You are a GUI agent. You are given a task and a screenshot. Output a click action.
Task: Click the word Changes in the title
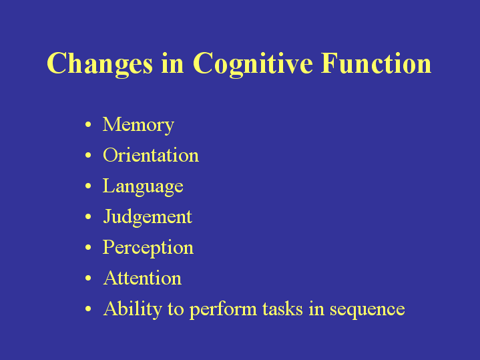click(99, 63)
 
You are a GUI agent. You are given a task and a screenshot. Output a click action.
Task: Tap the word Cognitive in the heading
click(253, 63)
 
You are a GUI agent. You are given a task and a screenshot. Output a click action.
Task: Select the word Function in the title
click(377, 63)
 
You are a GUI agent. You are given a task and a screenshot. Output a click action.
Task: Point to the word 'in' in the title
click(173, 63)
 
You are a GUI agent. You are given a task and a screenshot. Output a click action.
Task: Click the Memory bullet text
click(138, 125)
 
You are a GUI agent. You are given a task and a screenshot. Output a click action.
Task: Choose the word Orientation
click(151, 155)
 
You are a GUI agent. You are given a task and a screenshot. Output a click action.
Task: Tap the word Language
click(143, 186)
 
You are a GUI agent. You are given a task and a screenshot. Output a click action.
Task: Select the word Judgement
click(148, 217)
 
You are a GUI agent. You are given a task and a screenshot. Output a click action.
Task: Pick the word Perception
click(148, 248)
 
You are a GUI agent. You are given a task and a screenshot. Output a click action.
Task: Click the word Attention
click(142, 278)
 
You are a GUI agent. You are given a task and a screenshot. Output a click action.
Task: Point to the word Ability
click(133, 309)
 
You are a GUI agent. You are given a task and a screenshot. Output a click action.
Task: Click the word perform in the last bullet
click(223, 309)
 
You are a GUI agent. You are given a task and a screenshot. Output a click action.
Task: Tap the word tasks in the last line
click(282, 308)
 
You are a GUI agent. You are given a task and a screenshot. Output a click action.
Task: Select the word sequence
click(367, 309)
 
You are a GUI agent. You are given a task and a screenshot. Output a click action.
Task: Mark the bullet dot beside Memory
click(88, 124)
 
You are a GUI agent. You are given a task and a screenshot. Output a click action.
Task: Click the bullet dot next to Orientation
click(88, 156)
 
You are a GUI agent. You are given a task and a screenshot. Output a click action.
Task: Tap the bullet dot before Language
click(88, 186)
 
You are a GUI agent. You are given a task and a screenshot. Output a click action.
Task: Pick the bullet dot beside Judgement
click(88, 216)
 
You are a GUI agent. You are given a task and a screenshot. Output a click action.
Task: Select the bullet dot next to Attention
click(88, 278)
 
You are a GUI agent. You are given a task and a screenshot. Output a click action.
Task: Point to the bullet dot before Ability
click(88, 309)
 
